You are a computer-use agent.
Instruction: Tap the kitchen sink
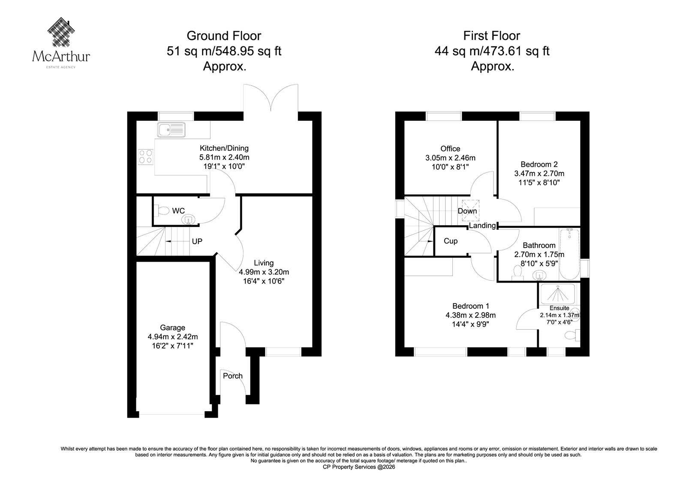coord(171,130)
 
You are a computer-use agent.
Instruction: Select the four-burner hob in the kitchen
coord(145,157)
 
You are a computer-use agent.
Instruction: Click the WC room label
coord(178,211)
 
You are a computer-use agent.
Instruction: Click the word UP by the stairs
coord(197,241)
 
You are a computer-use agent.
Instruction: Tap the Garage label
coord(172,328)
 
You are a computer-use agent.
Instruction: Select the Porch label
coord(233,376)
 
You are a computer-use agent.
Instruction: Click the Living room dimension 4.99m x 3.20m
coord(264,272)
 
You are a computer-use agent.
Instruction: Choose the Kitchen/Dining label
coord(224,148)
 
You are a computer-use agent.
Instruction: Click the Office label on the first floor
coord(450,149)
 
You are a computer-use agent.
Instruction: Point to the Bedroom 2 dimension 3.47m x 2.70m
coord(539,174)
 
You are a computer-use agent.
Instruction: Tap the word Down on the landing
coord(467,211)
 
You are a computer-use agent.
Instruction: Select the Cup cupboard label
coord(451,241)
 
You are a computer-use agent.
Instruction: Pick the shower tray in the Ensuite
coord(558,294)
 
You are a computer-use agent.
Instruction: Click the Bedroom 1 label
coord(471,306)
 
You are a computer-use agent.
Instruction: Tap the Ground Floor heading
coord(224,36)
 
